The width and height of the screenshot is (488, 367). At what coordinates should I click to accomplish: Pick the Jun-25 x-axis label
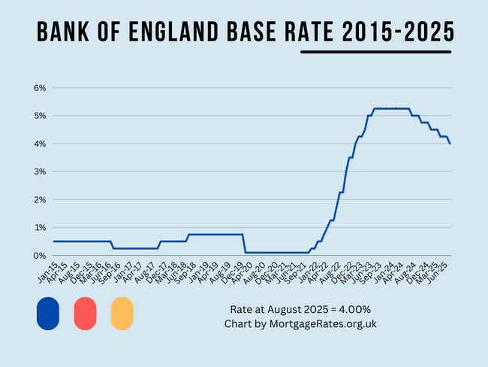click(442, 272)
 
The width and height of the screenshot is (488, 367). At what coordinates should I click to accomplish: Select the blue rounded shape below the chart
click(47, 313)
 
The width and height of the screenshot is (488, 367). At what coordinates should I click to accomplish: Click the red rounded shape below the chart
click(85, 313)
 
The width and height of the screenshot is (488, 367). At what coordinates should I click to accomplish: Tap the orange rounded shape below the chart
click(122, 313)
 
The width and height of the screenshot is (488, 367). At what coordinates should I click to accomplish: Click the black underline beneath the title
click(375, 52)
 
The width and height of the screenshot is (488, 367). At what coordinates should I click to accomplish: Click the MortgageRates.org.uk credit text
click(327, 324)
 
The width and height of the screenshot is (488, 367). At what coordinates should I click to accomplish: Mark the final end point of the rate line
click(450, 144)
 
